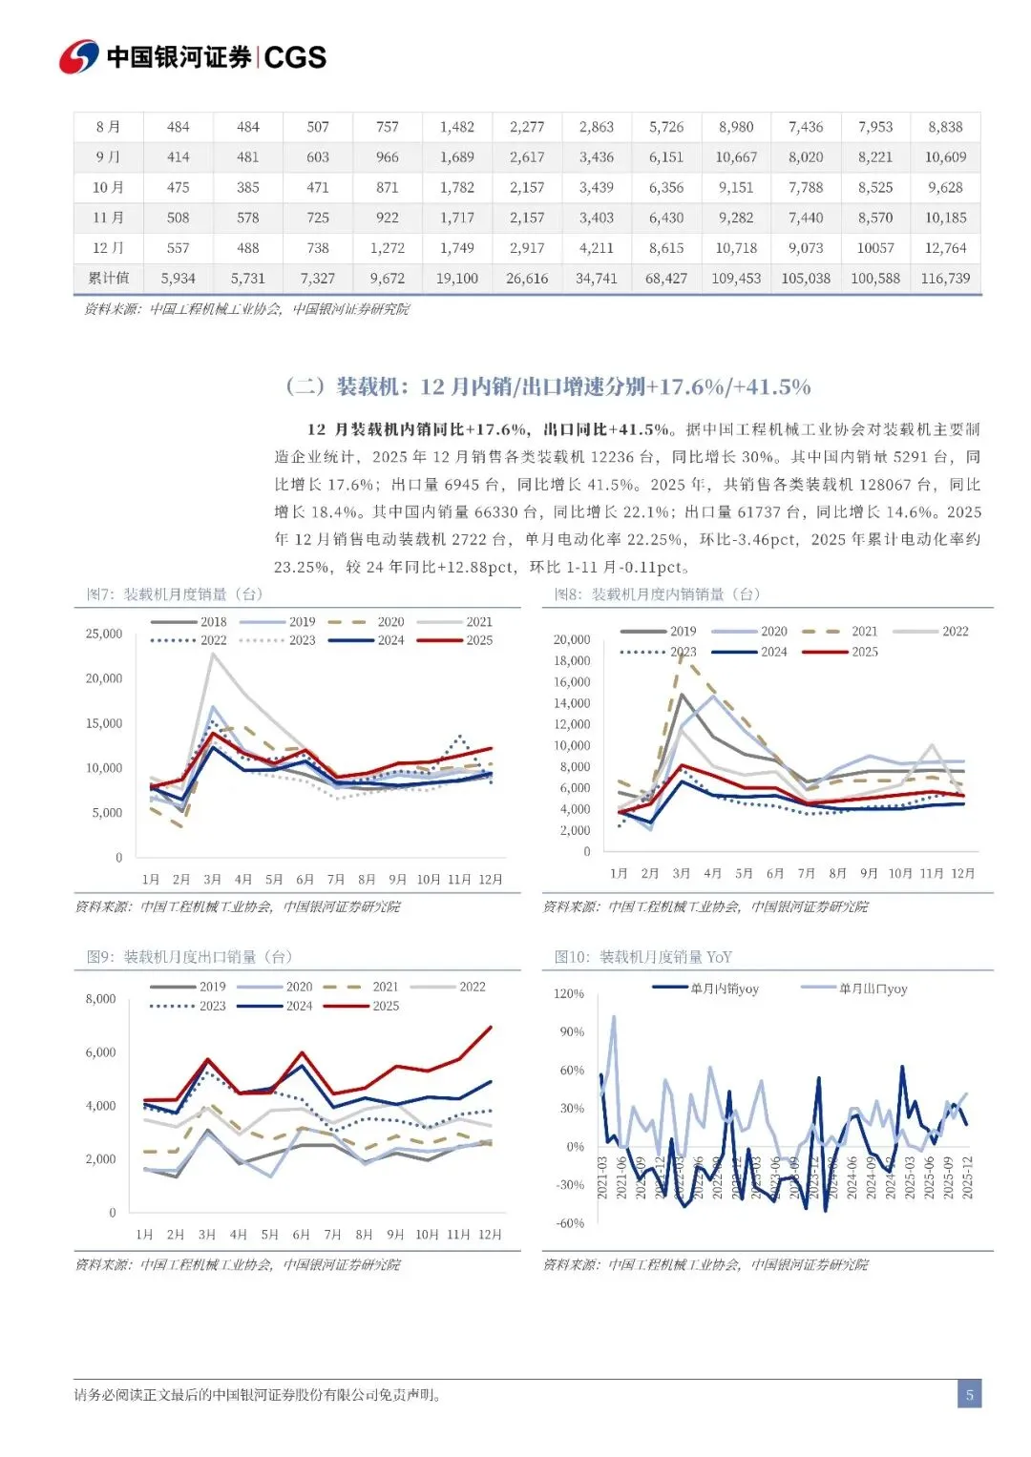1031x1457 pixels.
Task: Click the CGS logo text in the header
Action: pos(295,57)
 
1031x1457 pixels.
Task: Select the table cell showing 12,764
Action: pos(945,248)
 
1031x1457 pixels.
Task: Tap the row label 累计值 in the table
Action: pos(109,279)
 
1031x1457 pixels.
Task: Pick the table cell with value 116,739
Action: pos(945,279)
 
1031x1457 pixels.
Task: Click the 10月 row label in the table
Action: pos(108,188)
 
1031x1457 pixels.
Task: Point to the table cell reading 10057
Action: pos(875,248)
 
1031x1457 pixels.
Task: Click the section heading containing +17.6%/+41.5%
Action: pos(548,386)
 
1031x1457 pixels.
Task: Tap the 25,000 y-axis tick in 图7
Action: pos(104,634)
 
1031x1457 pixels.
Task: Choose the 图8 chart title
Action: pos(657,594)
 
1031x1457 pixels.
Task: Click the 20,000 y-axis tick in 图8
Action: pos(572,639)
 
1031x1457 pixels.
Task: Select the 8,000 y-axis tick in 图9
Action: pos(100,999)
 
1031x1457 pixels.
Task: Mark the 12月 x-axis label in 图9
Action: pos(490,1235)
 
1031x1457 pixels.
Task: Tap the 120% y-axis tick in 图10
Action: pos(569,993)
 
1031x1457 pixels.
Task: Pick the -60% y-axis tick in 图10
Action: pos(570,1223)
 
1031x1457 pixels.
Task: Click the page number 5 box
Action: pos(969,1395)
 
